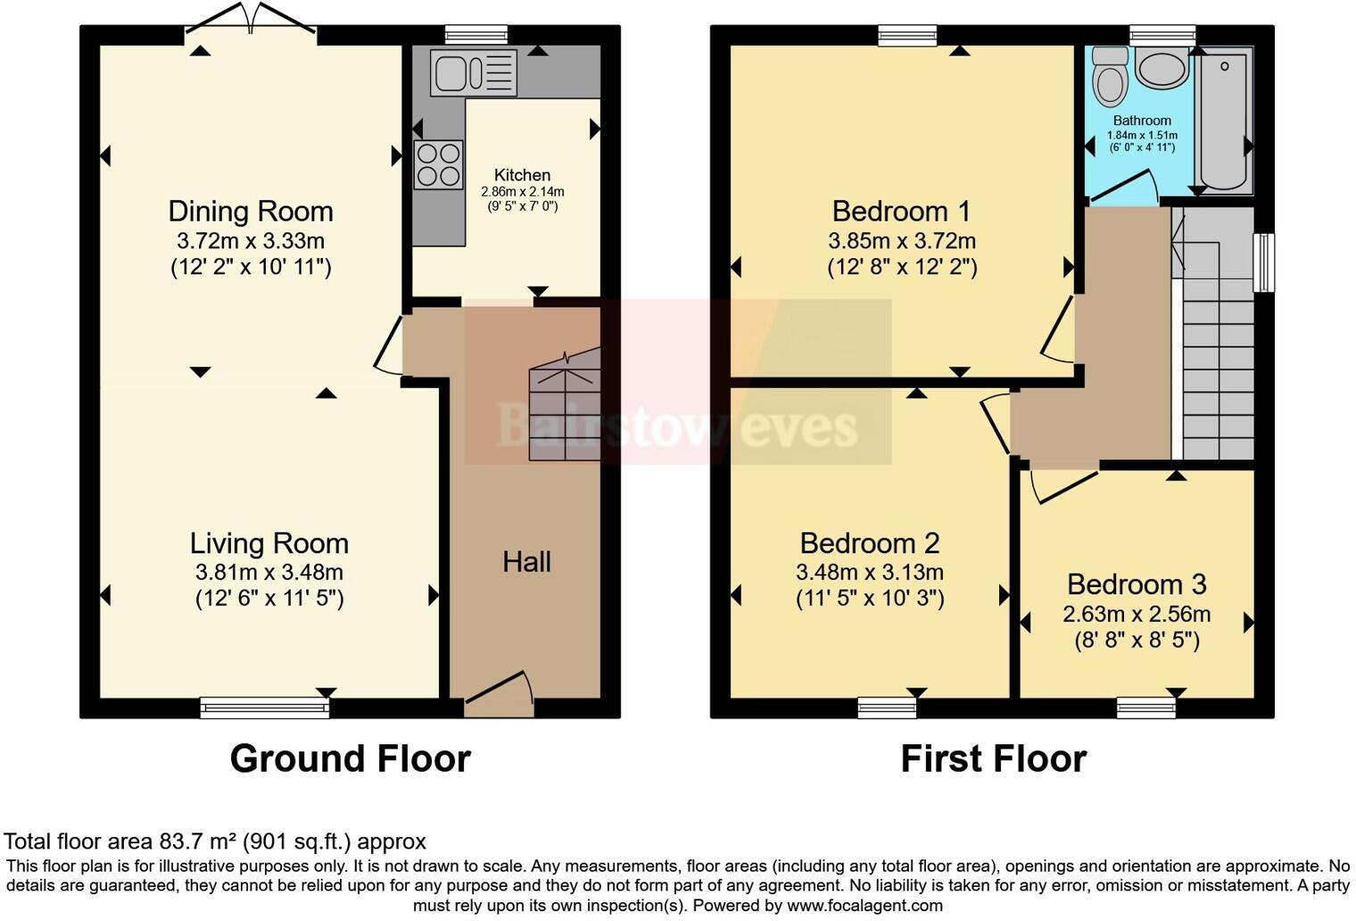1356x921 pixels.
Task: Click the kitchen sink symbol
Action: coord(473,72)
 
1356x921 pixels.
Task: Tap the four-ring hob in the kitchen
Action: coord(438,164)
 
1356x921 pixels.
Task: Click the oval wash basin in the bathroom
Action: coord(1162,69)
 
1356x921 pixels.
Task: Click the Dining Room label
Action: coord(251,212)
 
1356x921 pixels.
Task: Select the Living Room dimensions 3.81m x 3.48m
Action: coord(269,572)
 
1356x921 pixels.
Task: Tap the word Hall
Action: coord(526,561)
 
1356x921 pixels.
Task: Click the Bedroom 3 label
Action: coord(1136,585)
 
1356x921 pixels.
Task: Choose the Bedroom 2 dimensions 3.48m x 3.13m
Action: coord(869,572)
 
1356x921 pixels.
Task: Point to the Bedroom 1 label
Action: coord(901,212)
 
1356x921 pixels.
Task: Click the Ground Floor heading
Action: coord(350,759)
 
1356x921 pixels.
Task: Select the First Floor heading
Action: coord(993,759)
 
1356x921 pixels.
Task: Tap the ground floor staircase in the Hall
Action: coord(564,406)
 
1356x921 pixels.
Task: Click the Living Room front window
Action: coord(265,709)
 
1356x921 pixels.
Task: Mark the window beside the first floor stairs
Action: coord(1263,262)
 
